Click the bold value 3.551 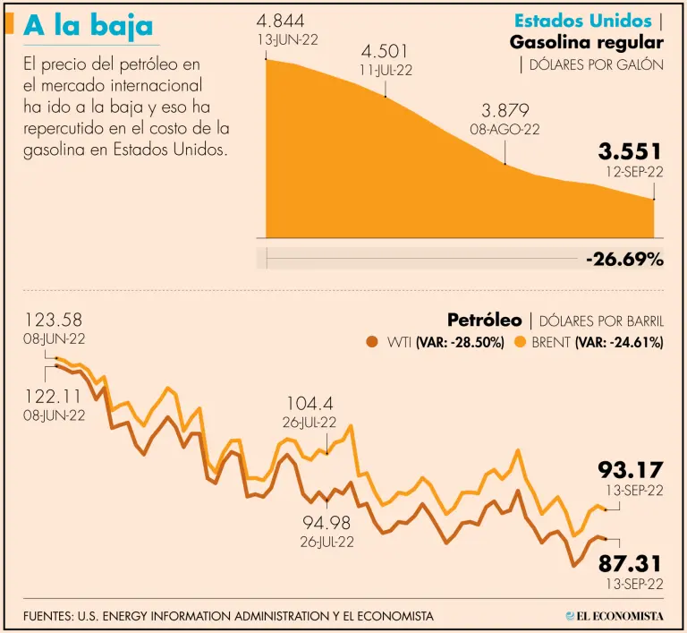click(631, 151)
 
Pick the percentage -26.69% click(624, 260)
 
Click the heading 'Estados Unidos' click(582, 21)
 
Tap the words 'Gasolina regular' click(586, 42)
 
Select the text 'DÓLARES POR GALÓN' click(597, 64)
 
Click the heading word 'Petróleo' click(484, 320)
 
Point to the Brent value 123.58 click(55, 321)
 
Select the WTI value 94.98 click(328, 523)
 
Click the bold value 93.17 click(631, 469)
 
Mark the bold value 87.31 click(631, 563)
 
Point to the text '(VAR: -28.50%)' click(461, 342)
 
